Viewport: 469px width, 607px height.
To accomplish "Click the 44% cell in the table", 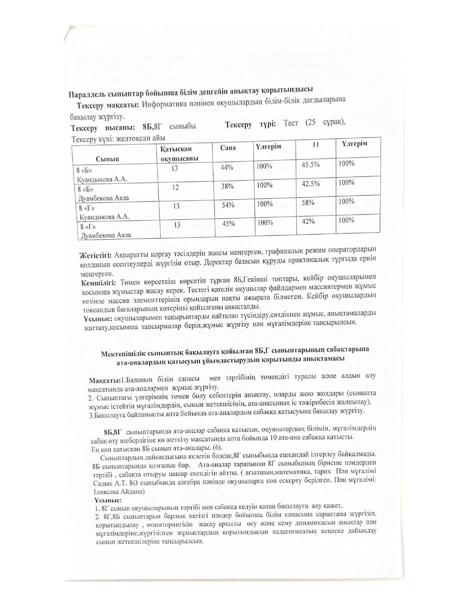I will (x=227, y=167).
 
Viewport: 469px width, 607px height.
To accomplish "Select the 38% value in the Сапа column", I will (x=227, y=186).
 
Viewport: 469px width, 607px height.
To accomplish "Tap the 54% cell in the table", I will (x=228, y=205).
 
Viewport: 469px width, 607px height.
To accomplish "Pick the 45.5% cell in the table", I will (x=310, y=164).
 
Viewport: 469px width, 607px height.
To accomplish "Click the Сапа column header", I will (x=228, y=148).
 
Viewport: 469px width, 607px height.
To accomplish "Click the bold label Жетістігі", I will (x=96, y=255).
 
